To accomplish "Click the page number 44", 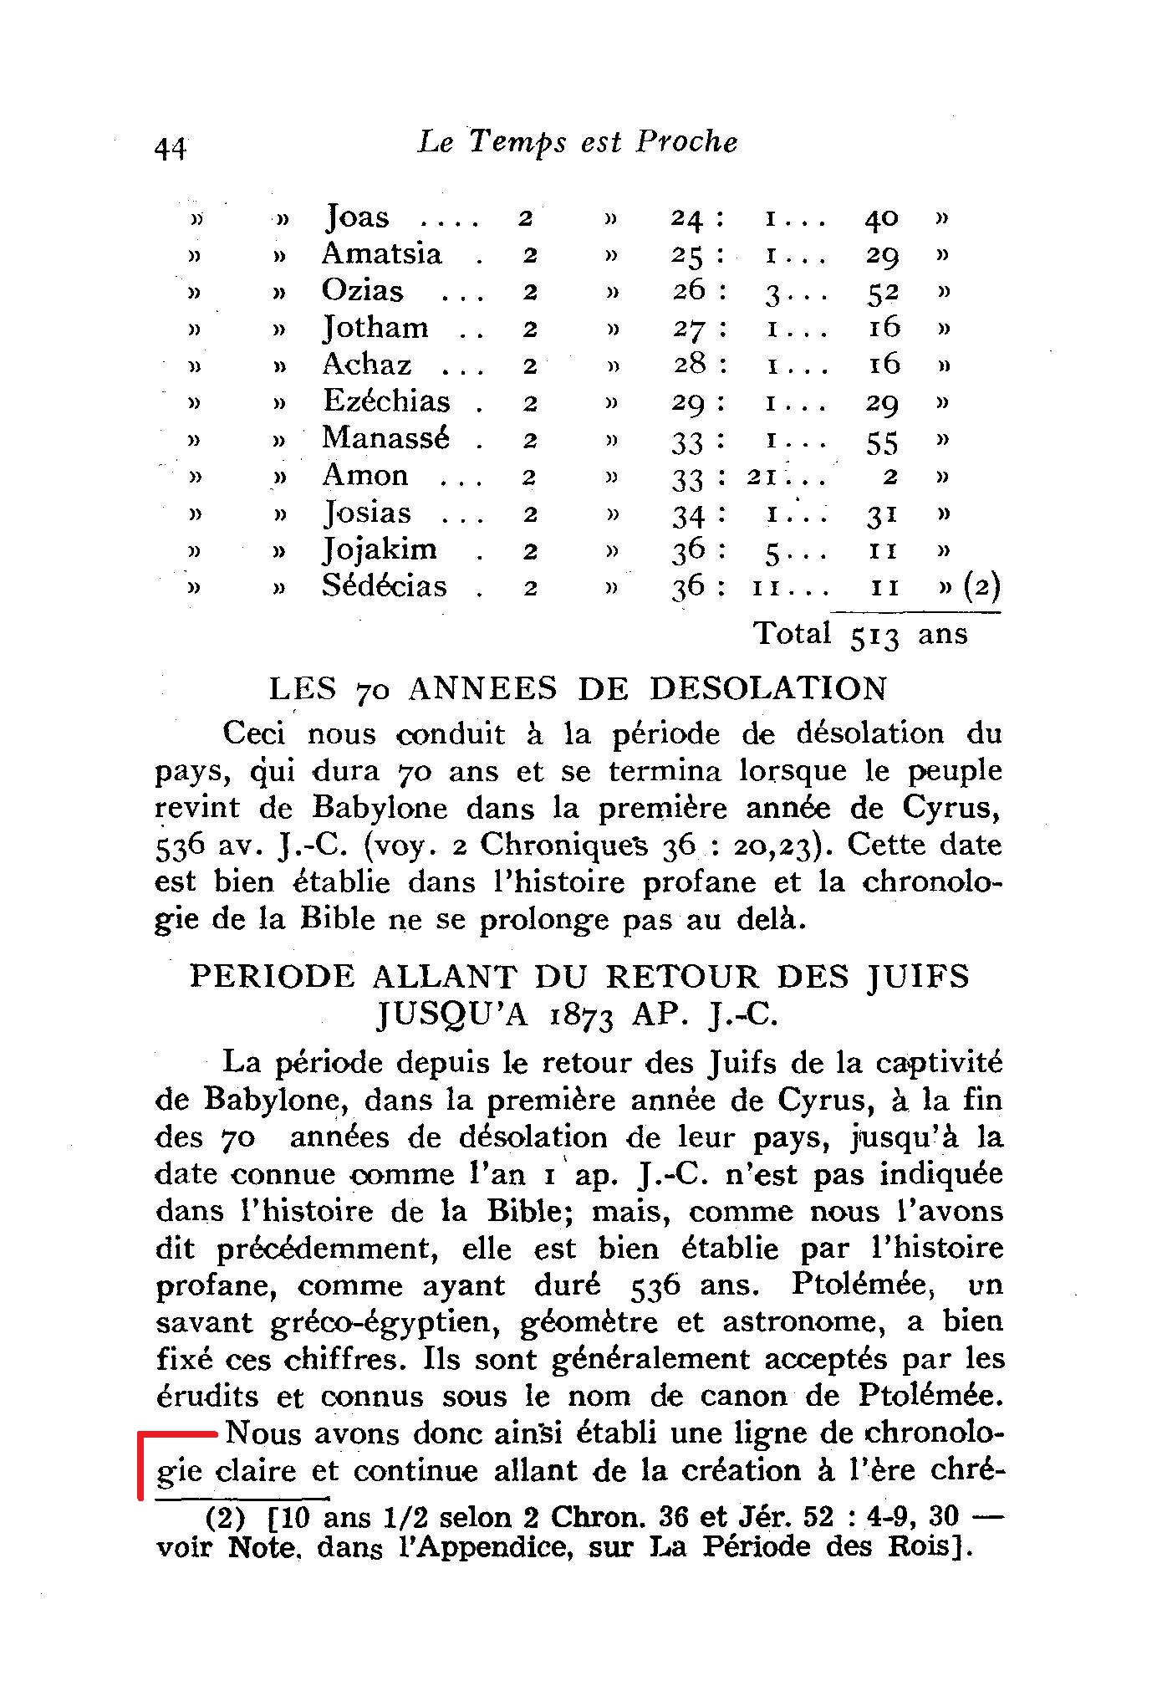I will [x=170, y=148].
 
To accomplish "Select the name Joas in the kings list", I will [x=357, y=217].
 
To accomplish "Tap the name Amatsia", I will [x=382, y=253].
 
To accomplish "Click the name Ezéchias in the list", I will [x=387, y=401].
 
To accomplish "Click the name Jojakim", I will [x=380, y=549].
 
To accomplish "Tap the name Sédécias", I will [x=385, y=586].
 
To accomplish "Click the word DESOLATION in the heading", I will [x=768, y=689].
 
